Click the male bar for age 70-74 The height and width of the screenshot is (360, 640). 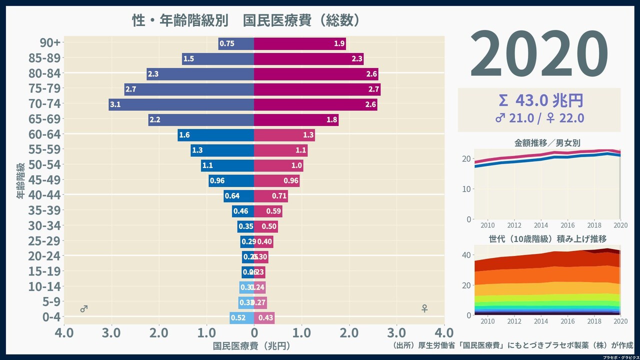181,104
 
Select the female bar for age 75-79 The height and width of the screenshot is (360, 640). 317,89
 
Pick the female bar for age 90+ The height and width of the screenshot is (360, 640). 299,43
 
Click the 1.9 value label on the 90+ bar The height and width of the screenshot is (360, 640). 339,43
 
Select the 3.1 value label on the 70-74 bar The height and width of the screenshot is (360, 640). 115,104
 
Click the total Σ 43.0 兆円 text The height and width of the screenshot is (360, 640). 539,101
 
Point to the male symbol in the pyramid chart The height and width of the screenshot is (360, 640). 84,309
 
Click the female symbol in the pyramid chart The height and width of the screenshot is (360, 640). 424,309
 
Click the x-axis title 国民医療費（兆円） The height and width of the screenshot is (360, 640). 251,345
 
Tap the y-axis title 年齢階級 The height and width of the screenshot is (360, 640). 20,180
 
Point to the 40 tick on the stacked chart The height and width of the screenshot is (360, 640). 465,255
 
